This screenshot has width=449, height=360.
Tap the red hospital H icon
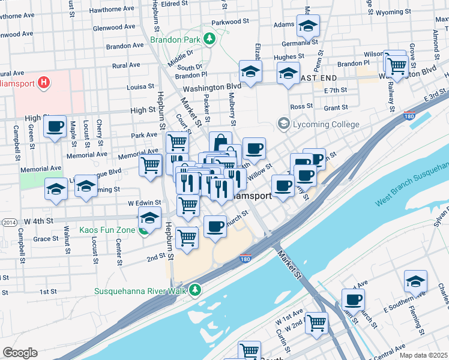(43, 82)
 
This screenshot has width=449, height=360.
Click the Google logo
(20, 353)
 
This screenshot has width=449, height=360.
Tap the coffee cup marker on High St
(55, 127)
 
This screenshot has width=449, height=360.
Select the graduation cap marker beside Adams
(308, 26)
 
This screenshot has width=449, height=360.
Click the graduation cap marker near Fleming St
(415, 281)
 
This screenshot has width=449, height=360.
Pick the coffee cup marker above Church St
(215, 226)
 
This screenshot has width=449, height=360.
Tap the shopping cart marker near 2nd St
(187, 236)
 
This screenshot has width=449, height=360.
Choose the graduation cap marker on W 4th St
(150, 218)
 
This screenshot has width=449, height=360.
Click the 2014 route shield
(9, 223)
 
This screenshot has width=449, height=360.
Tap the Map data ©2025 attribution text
(423, 355)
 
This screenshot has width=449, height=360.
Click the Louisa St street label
(141, 86)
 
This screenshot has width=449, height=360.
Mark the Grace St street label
(46, 238)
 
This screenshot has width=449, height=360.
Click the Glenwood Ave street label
(116, 28)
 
